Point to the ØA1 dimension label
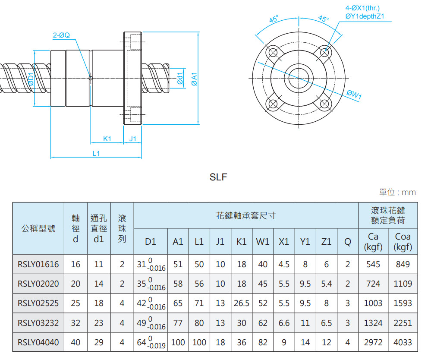[195, 79]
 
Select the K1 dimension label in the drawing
[107, 139]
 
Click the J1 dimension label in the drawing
[133, 139]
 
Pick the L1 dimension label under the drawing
[97, 153]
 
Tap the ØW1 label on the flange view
[354, 94]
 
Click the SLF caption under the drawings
[218, 177]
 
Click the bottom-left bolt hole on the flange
[272, 104]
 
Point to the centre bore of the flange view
[299, 78]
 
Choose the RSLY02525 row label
[38, 303]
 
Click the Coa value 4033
[403, 343]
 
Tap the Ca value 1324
[373, 323]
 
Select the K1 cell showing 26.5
[242, 303]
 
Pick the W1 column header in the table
[263, 242]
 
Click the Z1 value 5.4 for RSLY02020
[327, 284]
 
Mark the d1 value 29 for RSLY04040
[99, 343]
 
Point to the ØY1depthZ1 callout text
[365, 16]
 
